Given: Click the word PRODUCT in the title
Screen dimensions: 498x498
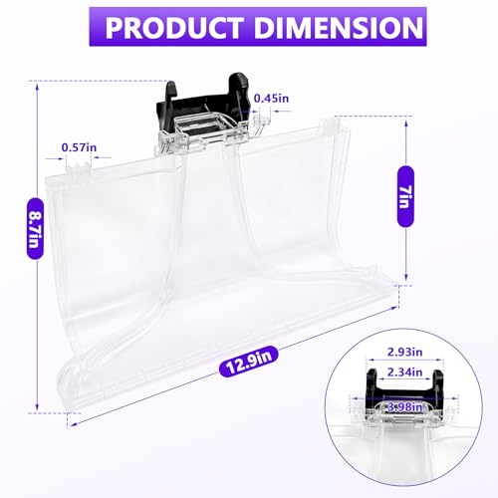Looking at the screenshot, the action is [173, 27].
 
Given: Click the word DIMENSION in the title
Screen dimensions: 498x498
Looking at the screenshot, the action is [339, 27].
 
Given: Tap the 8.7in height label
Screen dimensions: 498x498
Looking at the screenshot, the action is [35, 228].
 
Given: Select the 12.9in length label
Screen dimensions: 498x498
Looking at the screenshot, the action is [248, 362].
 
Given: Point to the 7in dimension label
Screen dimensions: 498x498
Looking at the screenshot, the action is [405, 196].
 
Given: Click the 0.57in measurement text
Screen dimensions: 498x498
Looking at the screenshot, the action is [79, 147].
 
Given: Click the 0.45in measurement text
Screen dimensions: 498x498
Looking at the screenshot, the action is [271, 99].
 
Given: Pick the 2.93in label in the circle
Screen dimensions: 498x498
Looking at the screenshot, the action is [404, 352].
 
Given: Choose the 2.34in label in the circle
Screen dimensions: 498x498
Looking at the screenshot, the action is [404, 373].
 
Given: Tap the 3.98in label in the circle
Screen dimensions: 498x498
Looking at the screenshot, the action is [404, 406].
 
